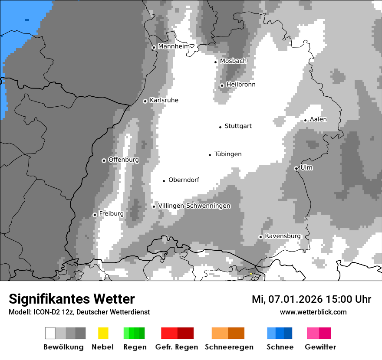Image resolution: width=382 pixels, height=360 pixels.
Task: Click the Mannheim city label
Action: [x=174, y=46]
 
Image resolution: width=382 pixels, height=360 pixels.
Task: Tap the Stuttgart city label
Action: [x=238, y=126]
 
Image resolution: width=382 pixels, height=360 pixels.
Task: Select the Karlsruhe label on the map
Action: [x=164, y=100]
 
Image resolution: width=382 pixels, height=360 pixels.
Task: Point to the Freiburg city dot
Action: [x=95, y=215]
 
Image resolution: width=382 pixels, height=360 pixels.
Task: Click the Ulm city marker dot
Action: [x=296, y=168]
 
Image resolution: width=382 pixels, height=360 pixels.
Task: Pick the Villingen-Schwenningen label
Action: [x=194, y=206]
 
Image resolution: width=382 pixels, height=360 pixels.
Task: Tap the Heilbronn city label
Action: [x=240, y=85]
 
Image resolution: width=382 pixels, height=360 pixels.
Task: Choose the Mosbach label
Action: [x=233, y=61]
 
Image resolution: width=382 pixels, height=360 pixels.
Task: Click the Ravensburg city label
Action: [x=283, y=236]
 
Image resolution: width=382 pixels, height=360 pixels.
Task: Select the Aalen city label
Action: [x=318, y=119]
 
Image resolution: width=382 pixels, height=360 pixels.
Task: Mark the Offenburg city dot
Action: [x=104, y=160]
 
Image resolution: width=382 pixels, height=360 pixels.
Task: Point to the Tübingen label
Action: [x=228, y=154]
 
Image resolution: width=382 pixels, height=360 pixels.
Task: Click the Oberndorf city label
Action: [x=184, y=180]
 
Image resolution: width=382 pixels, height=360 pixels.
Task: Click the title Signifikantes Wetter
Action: [x=72, y=299]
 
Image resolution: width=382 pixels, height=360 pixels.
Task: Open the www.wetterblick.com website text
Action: [x=313, y=312]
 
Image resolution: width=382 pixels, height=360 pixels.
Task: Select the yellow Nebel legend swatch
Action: [x=103, y=333]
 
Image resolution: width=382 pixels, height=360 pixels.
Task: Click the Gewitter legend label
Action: [x=320, y=347]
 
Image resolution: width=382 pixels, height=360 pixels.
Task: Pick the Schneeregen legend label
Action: [x=229, y=347]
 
